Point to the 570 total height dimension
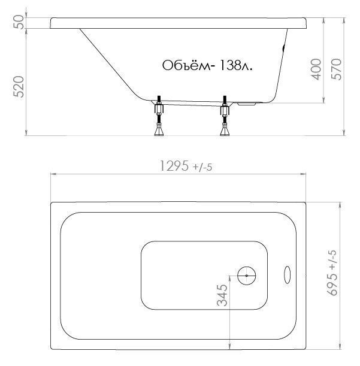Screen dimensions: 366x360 [x=335, y=70]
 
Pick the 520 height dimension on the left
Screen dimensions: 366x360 [x=19, y=87]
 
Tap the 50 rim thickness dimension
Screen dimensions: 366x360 [x=19, y=22]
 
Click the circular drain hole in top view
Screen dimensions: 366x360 [x=246, y=276]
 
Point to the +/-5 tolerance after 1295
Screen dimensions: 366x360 [x=202, y=167]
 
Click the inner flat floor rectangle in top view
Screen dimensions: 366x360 [x=204, y=275]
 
